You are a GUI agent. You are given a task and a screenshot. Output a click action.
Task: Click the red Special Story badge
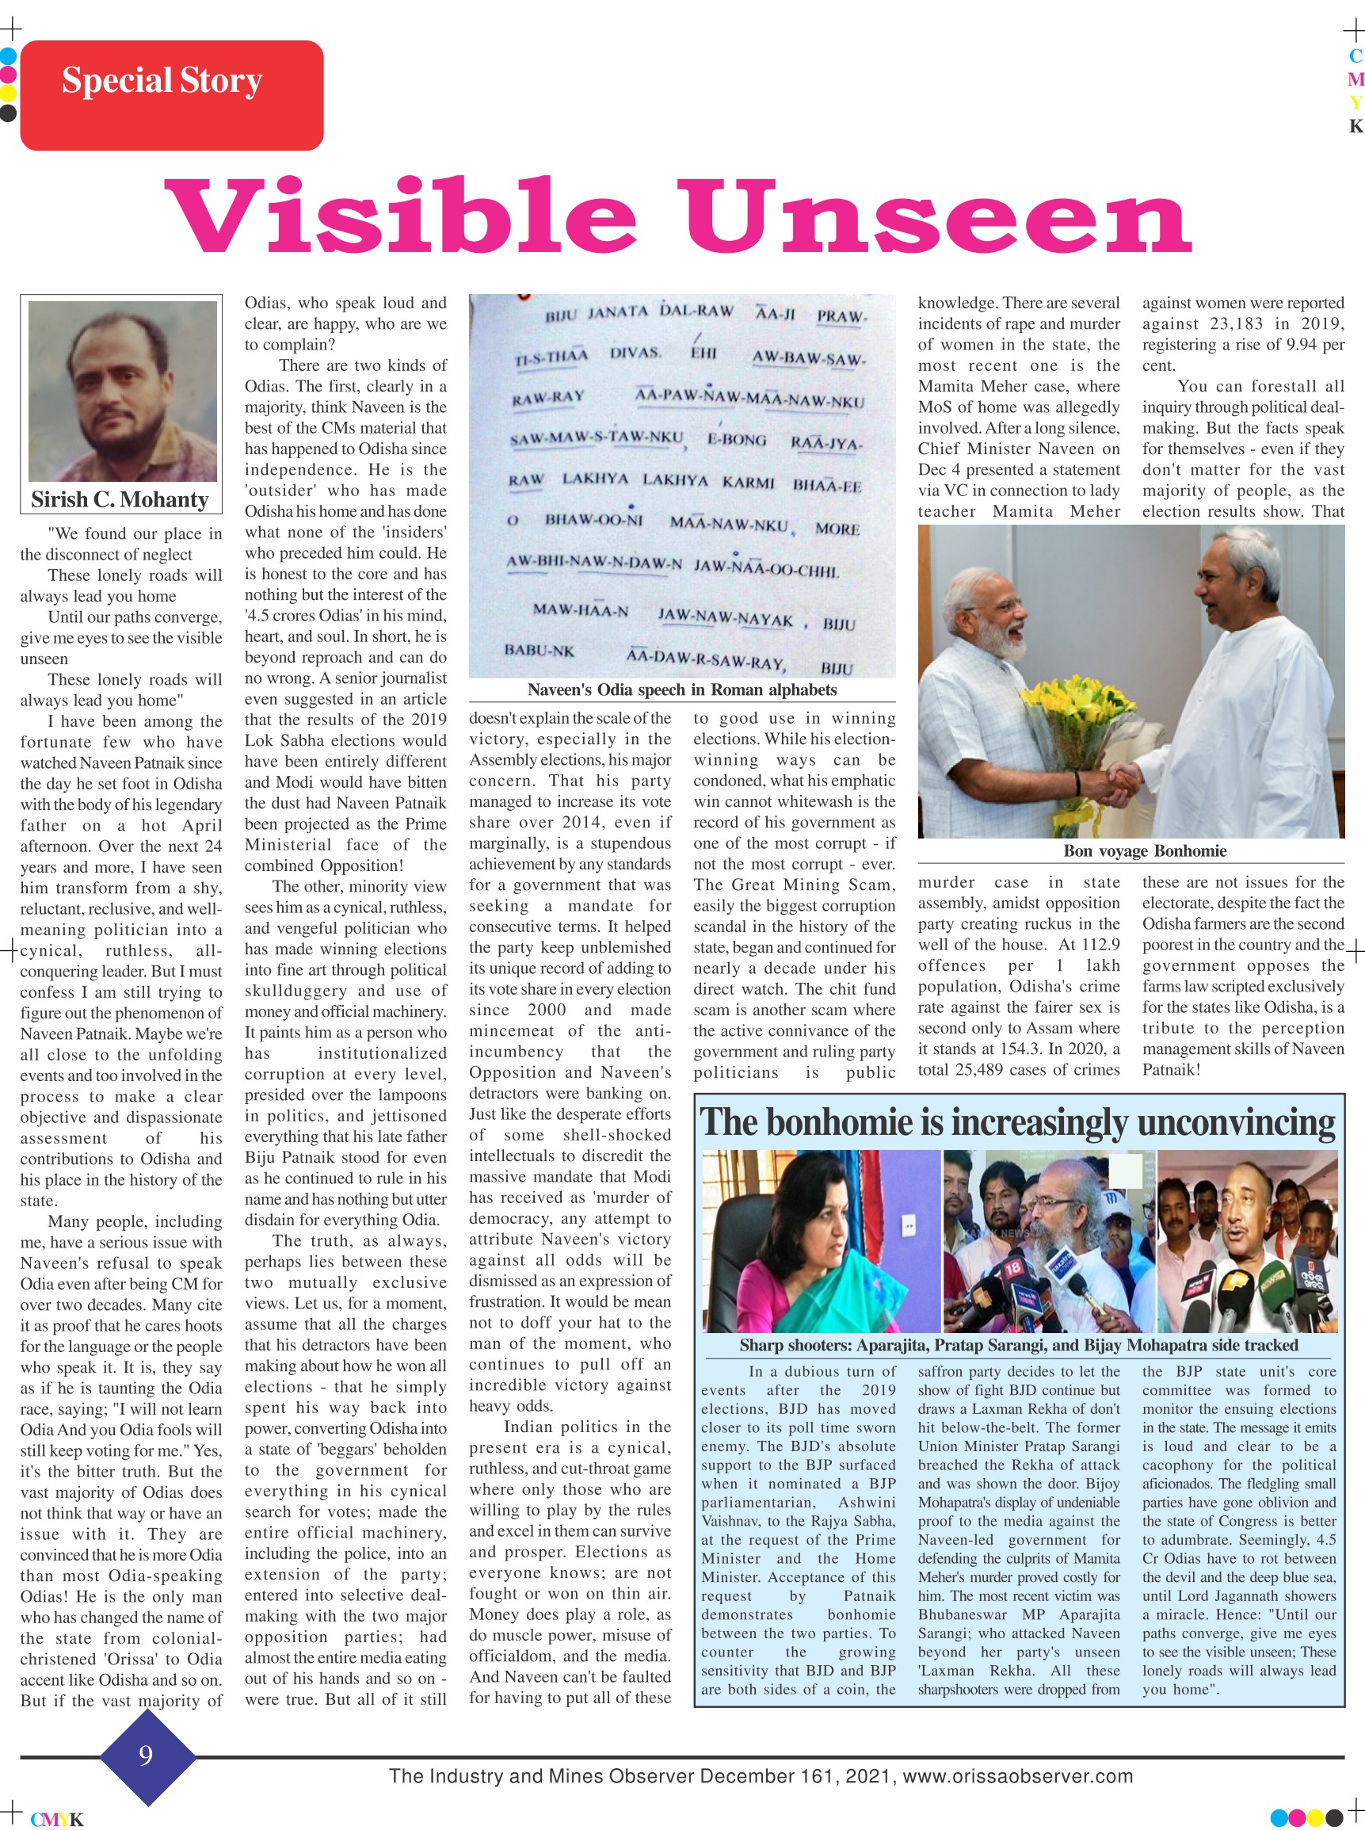(x=171, y=94)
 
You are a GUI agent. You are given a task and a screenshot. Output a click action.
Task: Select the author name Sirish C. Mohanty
(x=120, y=499)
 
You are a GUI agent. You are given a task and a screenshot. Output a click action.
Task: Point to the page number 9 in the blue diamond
(x=147, y=1754)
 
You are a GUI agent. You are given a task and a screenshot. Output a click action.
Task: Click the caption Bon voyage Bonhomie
(x=1145, y=850)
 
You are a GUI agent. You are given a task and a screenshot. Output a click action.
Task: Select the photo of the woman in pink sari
(x=820, y=1240)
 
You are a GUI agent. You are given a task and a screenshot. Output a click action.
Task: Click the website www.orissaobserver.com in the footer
(x=1017, y=1775)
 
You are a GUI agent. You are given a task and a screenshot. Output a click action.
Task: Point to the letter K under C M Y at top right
(x=1355, y=127)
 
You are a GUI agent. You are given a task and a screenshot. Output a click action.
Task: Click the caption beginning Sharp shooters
(x=1018, y=1345)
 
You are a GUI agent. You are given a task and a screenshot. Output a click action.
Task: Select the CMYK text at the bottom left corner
(x=57, y=1818)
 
